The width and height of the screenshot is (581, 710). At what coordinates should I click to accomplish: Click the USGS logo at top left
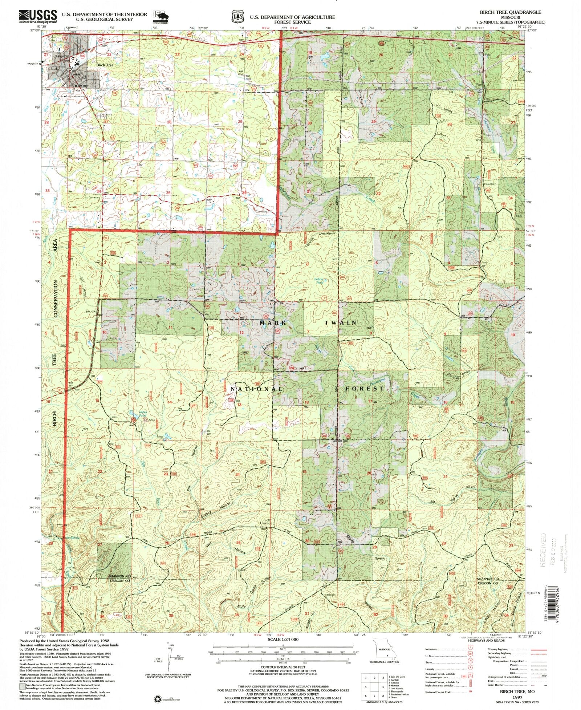38,16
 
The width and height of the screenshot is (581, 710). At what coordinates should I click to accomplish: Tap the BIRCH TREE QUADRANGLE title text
511,12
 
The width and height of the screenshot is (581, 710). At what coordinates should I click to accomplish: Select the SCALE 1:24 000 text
283,639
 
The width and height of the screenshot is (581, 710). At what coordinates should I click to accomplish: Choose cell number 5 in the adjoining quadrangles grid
383,687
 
